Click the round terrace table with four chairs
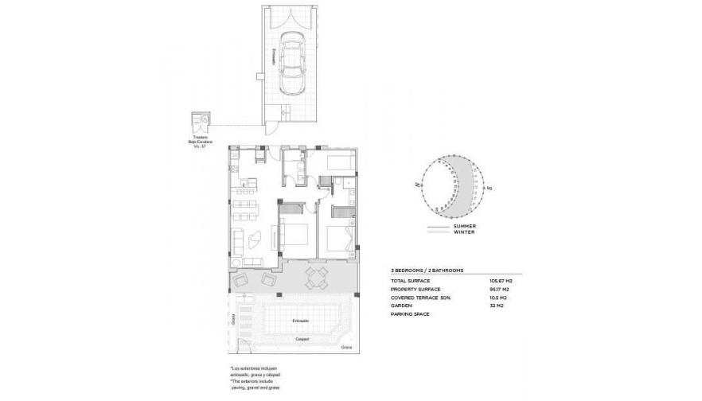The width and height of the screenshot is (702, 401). (316, 278)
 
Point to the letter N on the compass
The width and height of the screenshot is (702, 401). (416, 183)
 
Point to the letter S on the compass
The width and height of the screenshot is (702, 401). (491, 189)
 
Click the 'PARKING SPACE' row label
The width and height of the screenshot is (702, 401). (411, 313)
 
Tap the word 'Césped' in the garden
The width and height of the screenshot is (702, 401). (302, 338)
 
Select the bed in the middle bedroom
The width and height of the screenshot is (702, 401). (288, 236)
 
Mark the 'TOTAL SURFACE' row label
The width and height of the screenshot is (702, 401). (411, 281)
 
